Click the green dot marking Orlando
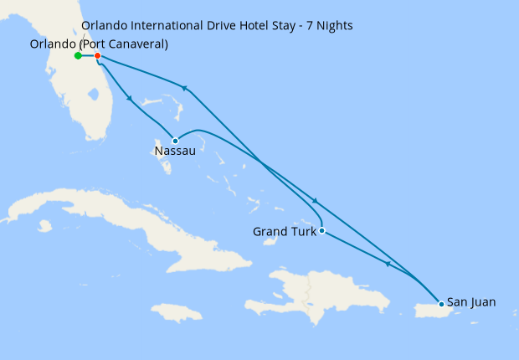78,56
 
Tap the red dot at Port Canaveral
98,56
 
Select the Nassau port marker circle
175,141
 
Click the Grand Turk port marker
321,230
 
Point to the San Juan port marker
441,304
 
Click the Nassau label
175,152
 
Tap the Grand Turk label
284,231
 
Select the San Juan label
471,302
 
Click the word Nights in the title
332,26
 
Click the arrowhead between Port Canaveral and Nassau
130,99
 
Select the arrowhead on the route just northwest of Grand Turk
315,201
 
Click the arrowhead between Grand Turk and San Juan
388,265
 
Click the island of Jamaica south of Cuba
178,313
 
